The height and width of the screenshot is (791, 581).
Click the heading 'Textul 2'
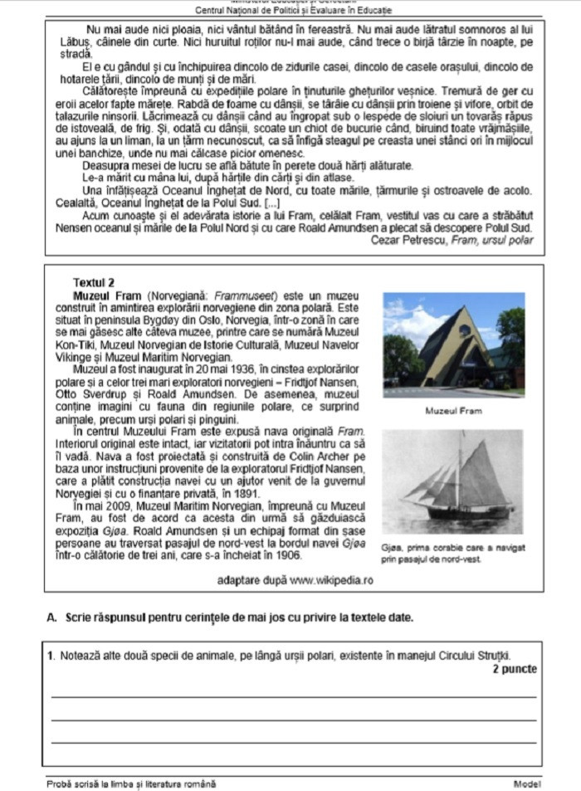pyautogui.click(x=94, y=282)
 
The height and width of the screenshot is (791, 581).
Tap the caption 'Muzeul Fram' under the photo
pyautogui.click(x=453, y=411)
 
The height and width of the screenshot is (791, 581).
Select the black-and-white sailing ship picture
pyautogui.click(x=454, y=482)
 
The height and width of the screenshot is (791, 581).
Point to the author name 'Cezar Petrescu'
pyautogui.click(x=408, y=240)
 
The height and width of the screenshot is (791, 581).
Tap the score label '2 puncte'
pyautogui.click(x=515, y=669)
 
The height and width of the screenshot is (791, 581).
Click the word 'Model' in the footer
pyautogui.click(x=527, y=783)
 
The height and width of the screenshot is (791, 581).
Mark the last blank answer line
pyautogui.click(x=294, y=741)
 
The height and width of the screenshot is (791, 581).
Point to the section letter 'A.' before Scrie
pyautogui.click(x=52, y=618)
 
